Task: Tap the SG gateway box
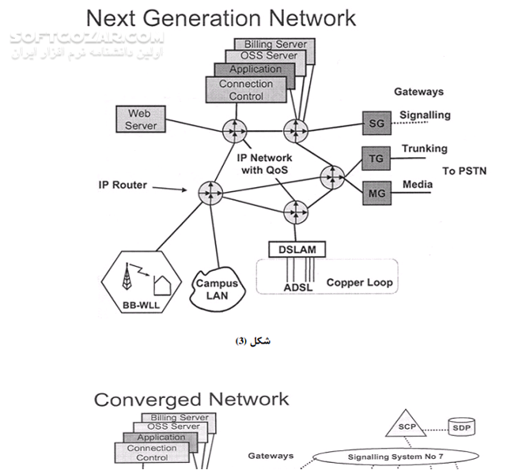376,123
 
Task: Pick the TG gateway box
376,159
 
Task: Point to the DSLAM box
297,250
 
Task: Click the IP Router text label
123,186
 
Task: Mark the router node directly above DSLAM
297,211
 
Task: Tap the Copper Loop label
359,282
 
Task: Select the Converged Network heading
191,399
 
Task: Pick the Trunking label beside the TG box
424,149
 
